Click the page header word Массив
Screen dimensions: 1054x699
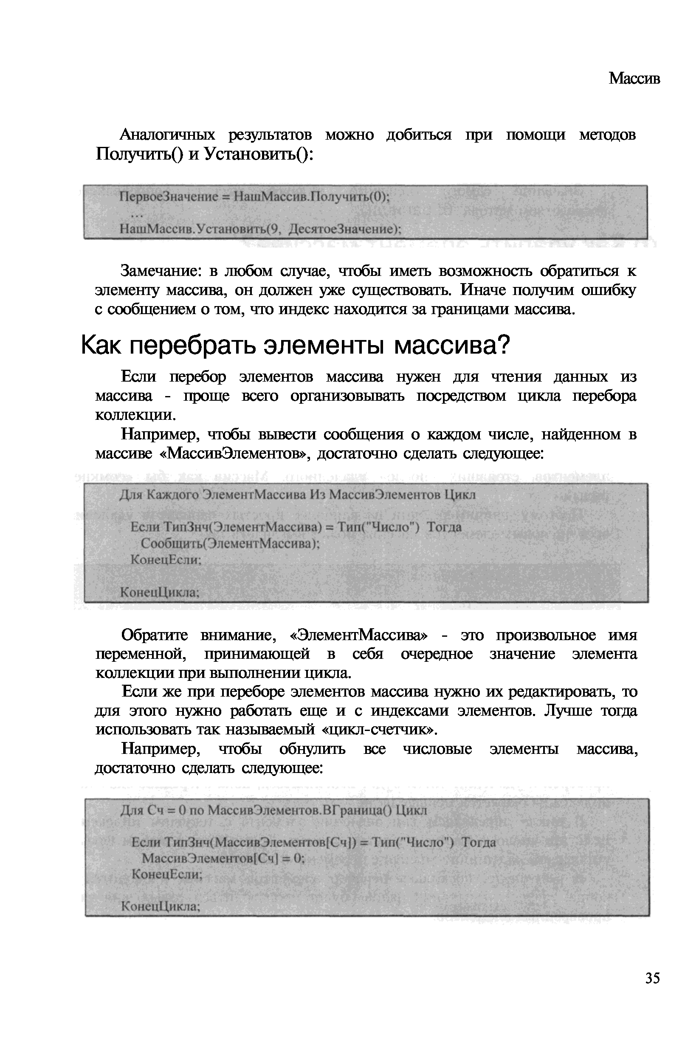tap(634, 79)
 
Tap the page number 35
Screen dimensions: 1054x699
tap(652, 978)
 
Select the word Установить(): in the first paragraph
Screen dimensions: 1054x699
tap(259, 155)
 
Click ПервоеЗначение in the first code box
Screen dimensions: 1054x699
tap(169, 197)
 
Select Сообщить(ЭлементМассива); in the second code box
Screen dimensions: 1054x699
tap(230, 543)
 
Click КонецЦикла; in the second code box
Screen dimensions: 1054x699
tap(160, 592)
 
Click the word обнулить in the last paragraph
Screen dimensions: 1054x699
tap(312, 749)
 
